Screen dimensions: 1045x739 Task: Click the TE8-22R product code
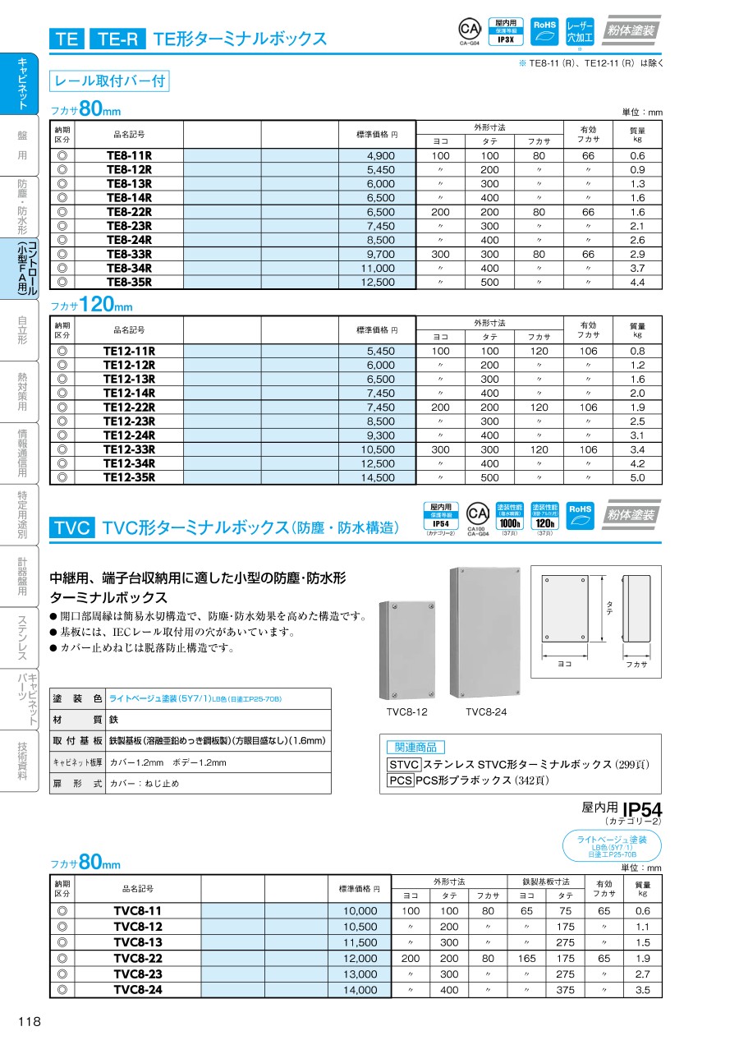point(129,212)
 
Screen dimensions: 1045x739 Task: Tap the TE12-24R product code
point(129,435)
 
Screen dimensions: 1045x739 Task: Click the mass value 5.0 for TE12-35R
point(637,477)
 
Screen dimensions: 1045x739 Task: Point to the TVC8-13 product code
point(137,942)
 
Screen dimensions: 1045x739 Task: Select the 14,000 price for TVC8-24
point(360,990)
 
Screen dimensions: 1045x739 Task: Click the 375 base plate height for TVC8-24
point(566,990)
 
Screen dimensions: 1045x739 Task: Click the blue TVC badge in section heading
point(73,527)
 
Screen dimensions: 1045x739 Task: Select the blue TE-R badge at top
point(118,39)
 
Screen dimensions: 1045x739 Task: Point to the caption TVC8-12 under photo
point(406,711)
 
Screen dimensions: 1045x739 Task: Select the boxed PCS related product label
point(400,780)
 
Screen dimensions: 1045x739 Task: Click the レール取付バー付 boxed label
point(109,81)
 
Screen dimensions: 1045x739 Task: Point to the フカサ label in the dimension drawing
point(636,664)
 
